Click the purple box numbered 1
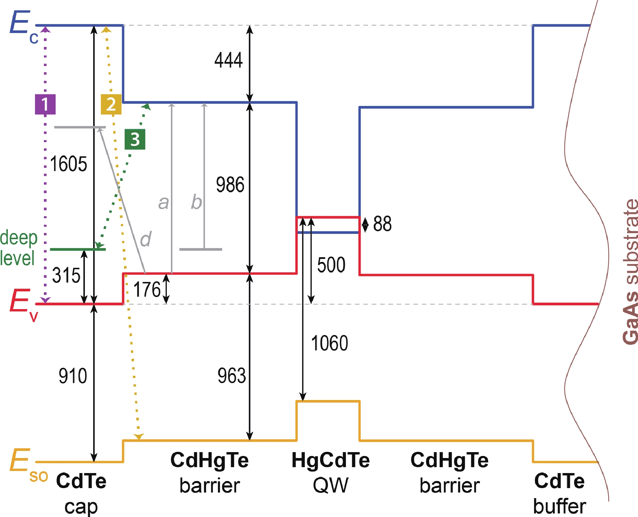click(45, 104)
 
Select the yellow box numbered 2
click(111, 104)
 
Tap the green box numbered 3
click(135, 139)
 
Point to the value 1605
click(68, 164)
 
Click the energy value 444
click(229, 60)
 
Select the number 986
click(230, 185)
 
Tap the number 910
click(72, 376)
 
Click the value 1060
click(329, 343)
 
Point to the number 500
click(331, 265)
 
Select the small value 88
click(383, 224)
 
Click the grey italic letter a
click(163, 203)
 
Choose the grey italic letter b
click(196, 202)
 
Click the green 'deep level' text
click(19, 248)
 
